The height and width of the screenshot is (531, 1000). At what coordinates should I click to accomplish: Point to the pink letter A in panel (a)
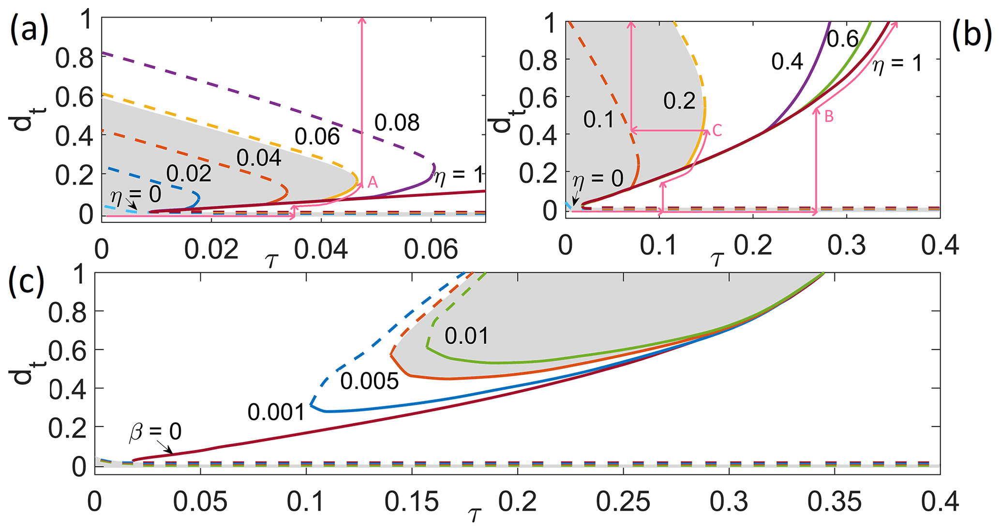coord(373,182)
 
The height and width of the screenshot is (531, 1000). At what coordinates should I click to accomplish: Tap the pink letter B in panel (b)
coord(829,117)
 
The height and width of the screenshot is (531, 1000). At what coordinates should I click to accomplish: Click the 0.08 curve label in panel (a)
coord(397,123)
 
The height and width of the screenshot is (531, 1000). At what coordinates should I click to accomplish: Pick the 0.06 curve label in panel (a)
coord(317,137)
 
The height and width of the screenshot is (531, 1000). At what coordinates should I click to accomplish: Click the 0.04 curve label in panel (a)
coord(259,158)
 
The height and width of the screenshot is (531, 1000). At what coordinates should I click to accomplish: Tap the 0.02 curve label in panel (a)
coord(189,174)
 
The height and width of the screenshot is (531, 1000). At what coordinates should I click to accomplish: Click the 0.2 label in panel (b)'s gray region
coord(679,101)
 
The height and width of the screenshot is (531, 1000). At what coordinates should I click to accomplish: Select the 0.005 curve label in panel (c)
coord(369,382)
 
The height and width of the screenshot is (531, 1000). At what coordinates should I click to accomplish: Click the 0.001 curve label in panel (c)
coord(276,413)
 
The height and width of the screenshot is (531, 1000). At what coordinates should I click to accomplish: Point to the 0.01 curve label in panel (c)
coord(466,336)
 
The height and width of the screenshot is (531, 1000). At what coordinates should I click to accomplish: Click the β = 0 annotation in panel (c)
coord(155,431)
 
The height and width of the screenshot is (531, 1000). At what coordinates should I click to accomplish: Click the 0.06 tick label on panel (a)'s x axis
coord(431,250)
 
